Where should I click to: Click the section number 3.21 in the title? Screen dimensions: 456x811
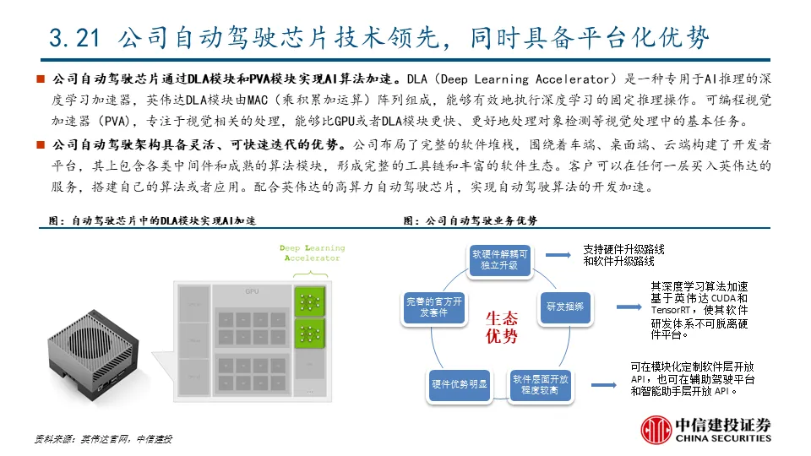75,37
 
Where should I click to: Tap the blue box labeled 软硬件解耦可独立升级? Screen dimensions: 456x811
501,258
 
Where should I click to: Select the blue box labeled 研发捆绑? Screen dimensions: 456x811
564,307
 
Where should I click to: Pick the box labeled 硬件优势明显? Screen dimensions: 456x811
459,385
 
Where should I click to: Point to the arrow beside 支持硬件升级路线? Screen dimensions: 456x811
558,252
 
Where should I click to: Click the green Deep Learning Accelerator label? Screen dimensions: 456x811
312,252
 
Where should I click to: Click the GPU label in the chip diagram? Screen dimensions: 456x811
251,291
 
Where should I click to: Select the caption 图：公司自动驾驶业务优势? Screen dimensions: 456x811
470,221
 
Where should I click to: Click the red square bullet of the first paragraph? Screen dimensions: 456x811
39,79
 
